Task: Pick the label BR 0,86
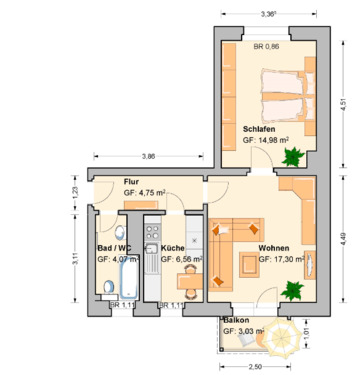[266, 47]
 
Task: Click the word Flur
[131, 182]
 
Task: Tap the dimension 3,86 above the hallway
[148, 156]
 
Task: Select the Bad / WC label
[112, 247]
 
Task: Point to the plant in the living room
[292, 291]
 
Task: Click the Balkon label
[236, 319]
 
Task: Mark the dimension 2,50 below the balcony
[256, 367]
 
